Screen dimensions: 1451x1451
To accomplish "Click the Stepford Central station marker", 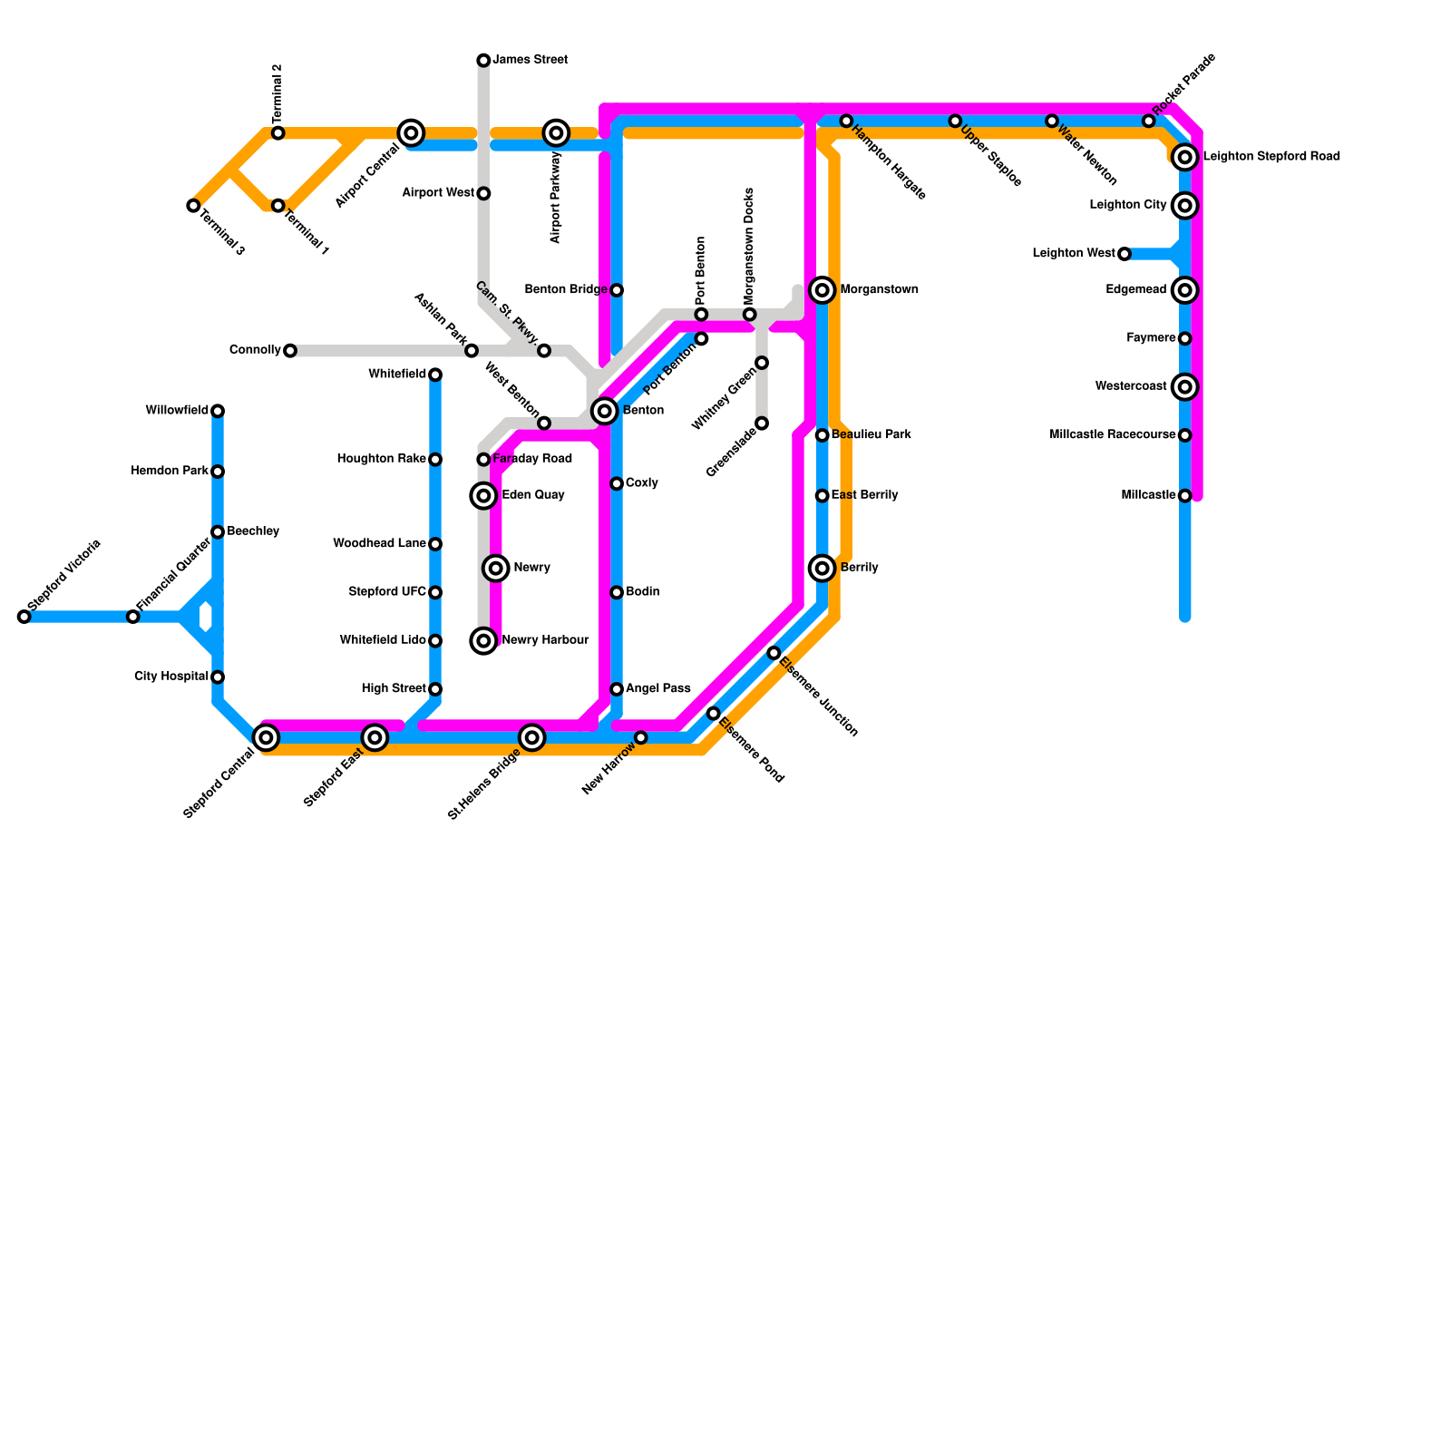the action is pos(266,737).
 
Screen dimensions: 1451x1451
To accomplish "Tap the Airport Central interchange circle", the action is pos(411,133).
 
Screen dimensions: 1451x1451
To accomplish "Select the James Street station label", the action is pos(530,60).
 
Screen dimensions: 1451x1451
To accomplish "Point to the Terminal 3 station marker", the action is pos(193,206).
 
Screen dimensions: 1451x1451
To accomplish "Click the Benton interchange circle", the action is pos(605,411).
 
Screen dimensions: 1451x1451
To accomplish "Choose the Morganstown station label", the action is pos(879,290).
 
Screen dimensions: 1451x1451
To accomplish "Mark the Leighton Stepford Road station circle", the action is pos(1184,157).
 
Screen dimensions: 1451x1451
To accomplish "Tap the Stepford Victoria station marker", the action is pos(24,617).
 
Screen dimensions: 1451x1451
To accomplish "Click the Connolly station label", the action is pos(255,350).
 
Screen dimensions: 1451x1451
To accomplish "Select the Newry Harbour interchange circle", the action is pos(484,641).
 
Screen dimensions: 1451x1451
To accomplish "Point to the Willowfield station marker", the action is pos(218,411).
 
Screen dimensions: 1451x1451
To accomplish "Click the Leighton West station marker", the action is pos(1125,254).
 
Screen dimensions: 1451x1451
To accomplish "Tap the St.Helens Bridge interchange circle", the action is pos(532,737).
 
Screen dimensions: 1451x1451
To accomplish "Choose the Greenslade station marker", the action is pos(762,424).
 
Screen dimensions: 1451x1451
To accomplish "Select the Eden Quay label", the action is pos(533,495).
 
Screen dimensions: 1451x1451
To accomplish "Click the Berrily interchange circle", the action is pos(823,569).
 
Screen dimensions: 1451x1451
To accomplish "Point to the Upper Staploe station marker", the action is pos(955,121).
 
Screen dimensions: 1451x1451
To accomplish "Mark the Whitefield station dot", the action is pos(435,375).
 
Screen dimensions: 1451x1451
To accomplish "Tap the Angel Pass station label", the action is pos(657,689).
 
